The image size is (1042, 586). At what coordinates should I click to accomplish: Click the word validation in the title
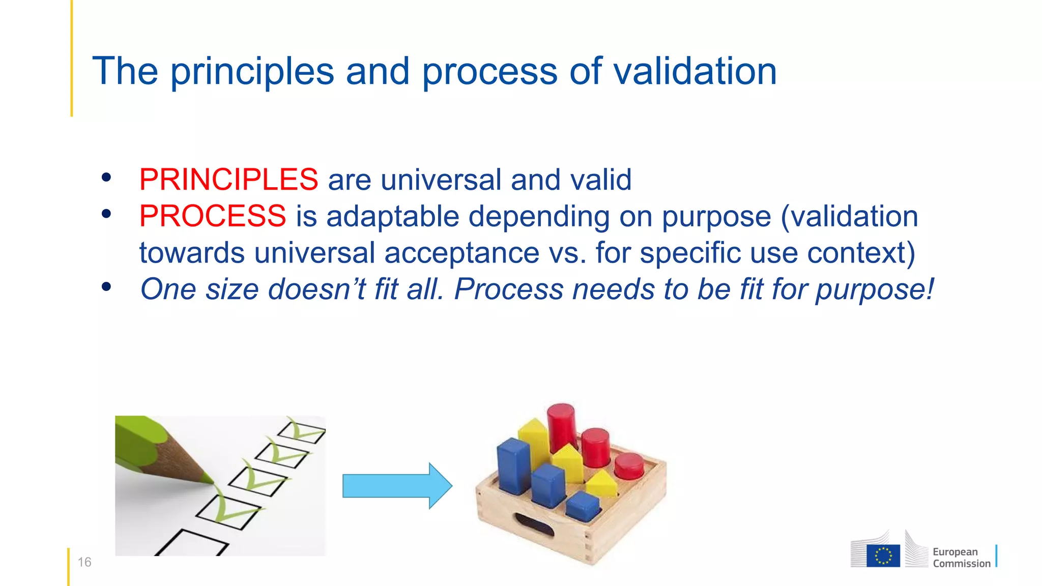point(695,71)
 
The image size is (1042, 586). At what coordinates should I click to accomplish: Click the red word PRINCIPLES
point(228,180)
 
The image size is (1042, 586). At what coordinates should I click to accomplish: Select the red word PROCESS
point(212,216)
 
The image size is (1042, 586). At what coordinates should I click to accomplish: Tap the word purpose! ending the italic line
point(875,290)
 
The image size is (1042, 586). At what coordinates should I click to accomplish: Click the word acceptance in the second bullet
point(461,253)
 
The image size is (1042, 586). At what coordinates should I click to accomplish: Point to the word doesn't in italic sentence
point(316,289)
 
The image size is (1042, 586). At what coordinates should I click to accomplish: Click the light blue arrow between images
point(396,486)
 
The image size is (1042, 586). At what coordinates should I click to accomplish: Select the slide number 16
point(84,562)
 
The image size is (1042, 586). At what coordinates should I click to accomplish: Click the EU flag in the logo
point(883,555)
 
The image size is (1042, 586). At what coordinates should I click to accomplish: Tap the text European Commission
point(961,558)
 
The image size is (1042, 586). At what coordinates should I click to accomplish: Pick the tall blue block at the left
point(514,465)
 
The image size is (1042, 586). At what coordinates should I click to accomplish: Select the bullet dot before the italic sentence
point(106,287)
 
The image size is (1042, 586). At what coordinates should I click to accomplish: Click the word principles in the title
point(252,71)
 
